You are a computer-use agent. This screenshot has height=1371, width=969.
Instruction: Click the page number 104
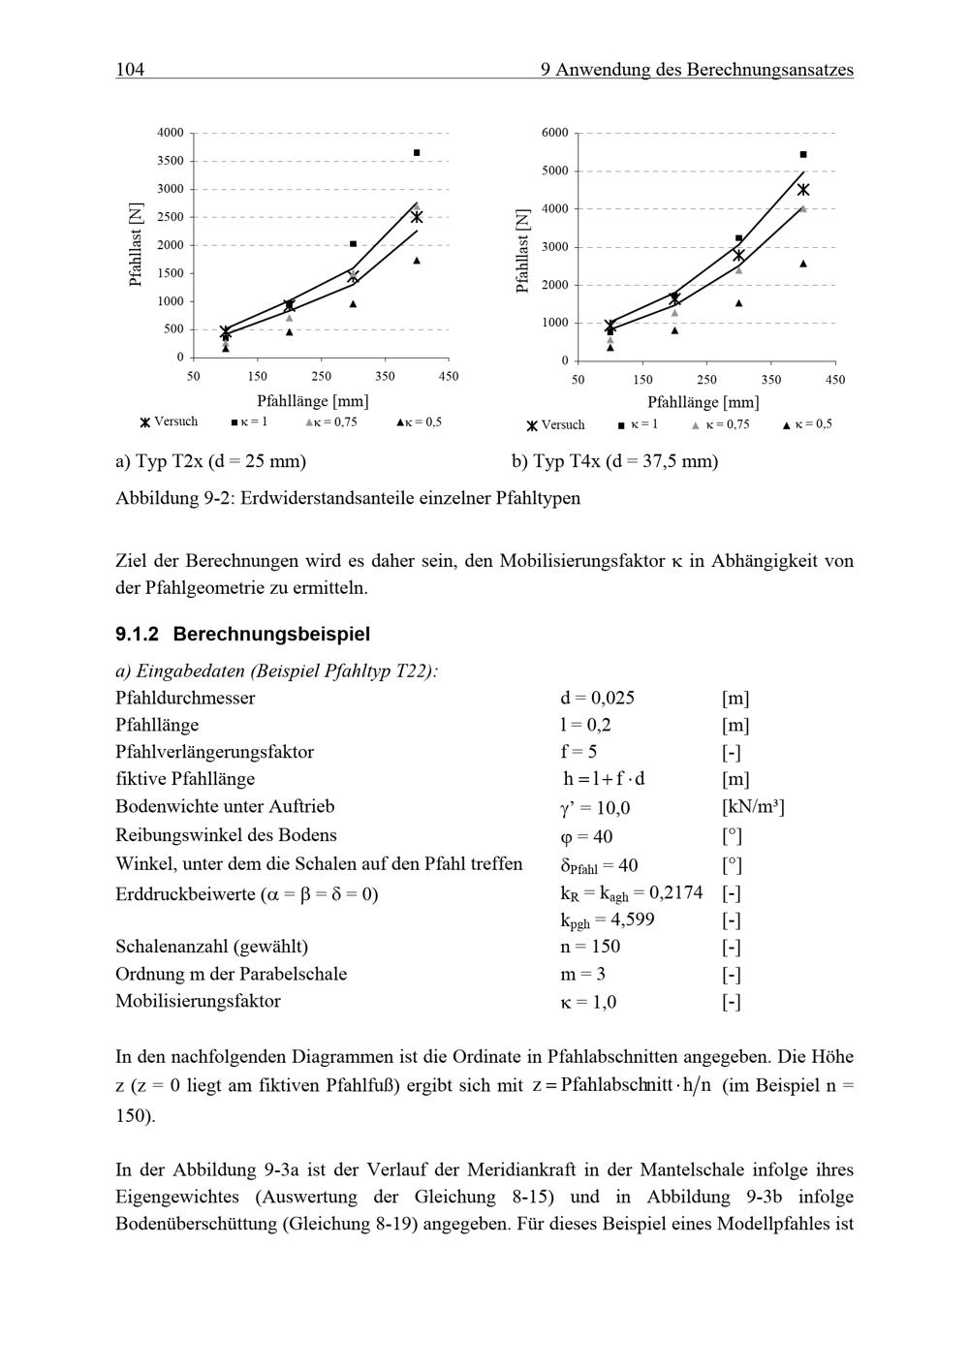point(130,70)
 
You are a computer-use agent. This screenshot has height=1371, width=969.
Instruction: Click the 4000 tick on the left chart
point(171,133)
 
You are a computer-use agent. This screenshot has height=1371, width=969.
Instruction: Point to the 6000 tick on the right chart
point(555,133)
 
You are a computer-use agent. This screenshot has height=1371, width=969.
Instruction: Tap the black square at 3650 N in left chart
point(417,153)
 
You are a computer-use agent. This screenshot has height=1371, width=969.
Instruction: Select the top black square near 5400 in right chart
point(803,155)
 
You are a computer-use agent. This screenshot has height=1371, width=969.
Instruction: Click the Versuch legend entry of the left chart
point(169,422)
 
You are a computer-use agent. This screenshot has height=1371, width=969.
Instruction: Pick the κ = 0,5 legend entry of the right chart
point(807,424)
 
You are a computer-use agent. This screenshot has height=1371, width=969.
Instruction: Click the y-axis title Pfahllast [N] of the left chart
point(136,244)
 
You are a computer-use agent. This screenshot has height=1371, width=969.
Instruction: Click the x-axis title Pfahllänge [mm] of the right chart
point(703,402)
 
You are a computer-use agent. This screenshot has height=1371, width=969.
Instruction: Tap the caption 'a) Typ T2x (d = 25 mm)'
point(210,461)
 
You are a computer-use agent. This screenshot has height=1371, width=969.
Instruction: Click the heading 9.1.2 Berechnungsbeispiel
point(242,635)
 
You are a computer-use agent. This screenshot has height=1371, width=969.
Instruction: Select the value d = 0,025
point(597,698)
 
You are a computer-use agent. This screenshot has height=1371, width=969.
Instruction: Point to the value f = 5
point(578,752)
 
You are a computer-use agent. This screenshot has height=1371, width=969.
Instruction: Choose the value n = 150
point(589,947)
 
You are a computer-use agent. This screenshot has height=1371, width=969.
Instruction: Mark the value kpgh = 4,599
point(607,919)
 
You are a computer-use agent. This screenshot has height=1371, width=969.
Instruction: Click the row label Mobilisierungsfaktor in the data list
point(198,1001)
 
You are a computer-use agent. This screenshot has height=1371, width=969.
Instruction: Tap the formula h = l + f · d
point(604,779)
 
